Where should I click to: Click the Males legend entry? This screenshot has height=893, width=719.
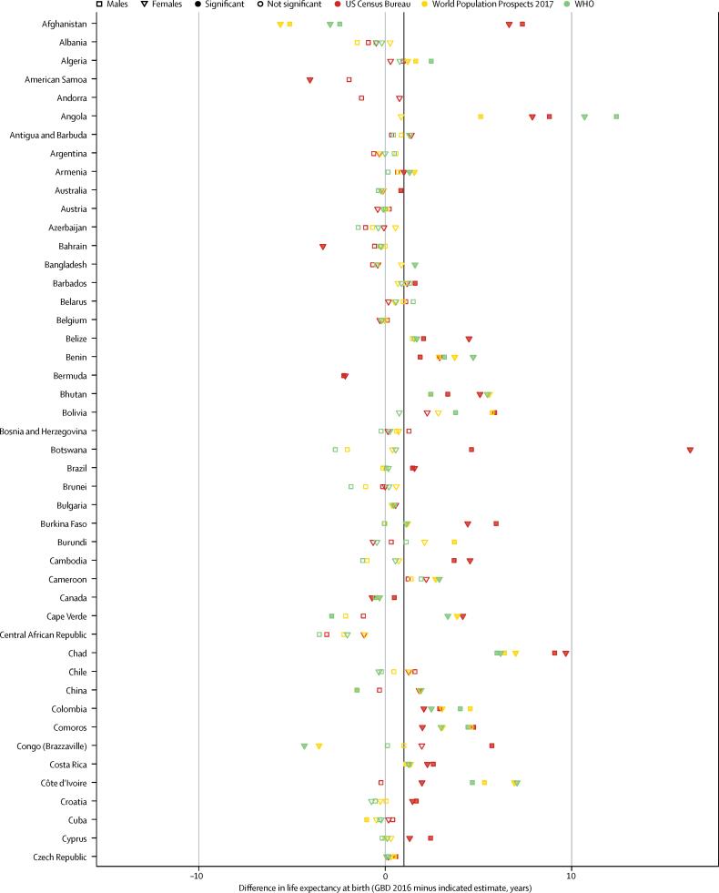(109, 5)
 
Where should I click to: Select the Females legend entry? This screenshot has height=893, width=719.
(160, 5)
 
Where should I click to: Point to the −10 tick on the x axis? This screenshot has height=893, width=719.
(197, 876)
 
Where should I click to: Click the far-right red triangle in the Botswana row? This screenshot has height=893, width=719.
(690, 450)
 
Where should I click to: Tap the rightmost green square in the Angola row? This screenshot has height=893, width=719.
(616, 117)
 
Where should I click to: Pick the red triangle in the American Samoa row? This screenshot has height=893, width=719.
(310, 80)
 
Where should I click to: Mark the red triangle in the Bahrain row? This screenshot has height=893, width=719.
(323, 247)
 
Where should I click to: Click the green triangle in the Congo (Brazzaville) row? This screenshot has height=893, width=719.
(304, 746)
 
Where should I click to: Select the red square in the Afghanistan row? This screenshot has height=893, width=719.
(522, 24)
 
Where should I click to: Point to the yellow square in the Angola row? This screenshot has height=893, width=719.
(481, 117)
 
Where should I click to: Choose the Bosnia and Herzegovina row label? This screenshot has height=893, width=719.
(43, 431)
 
